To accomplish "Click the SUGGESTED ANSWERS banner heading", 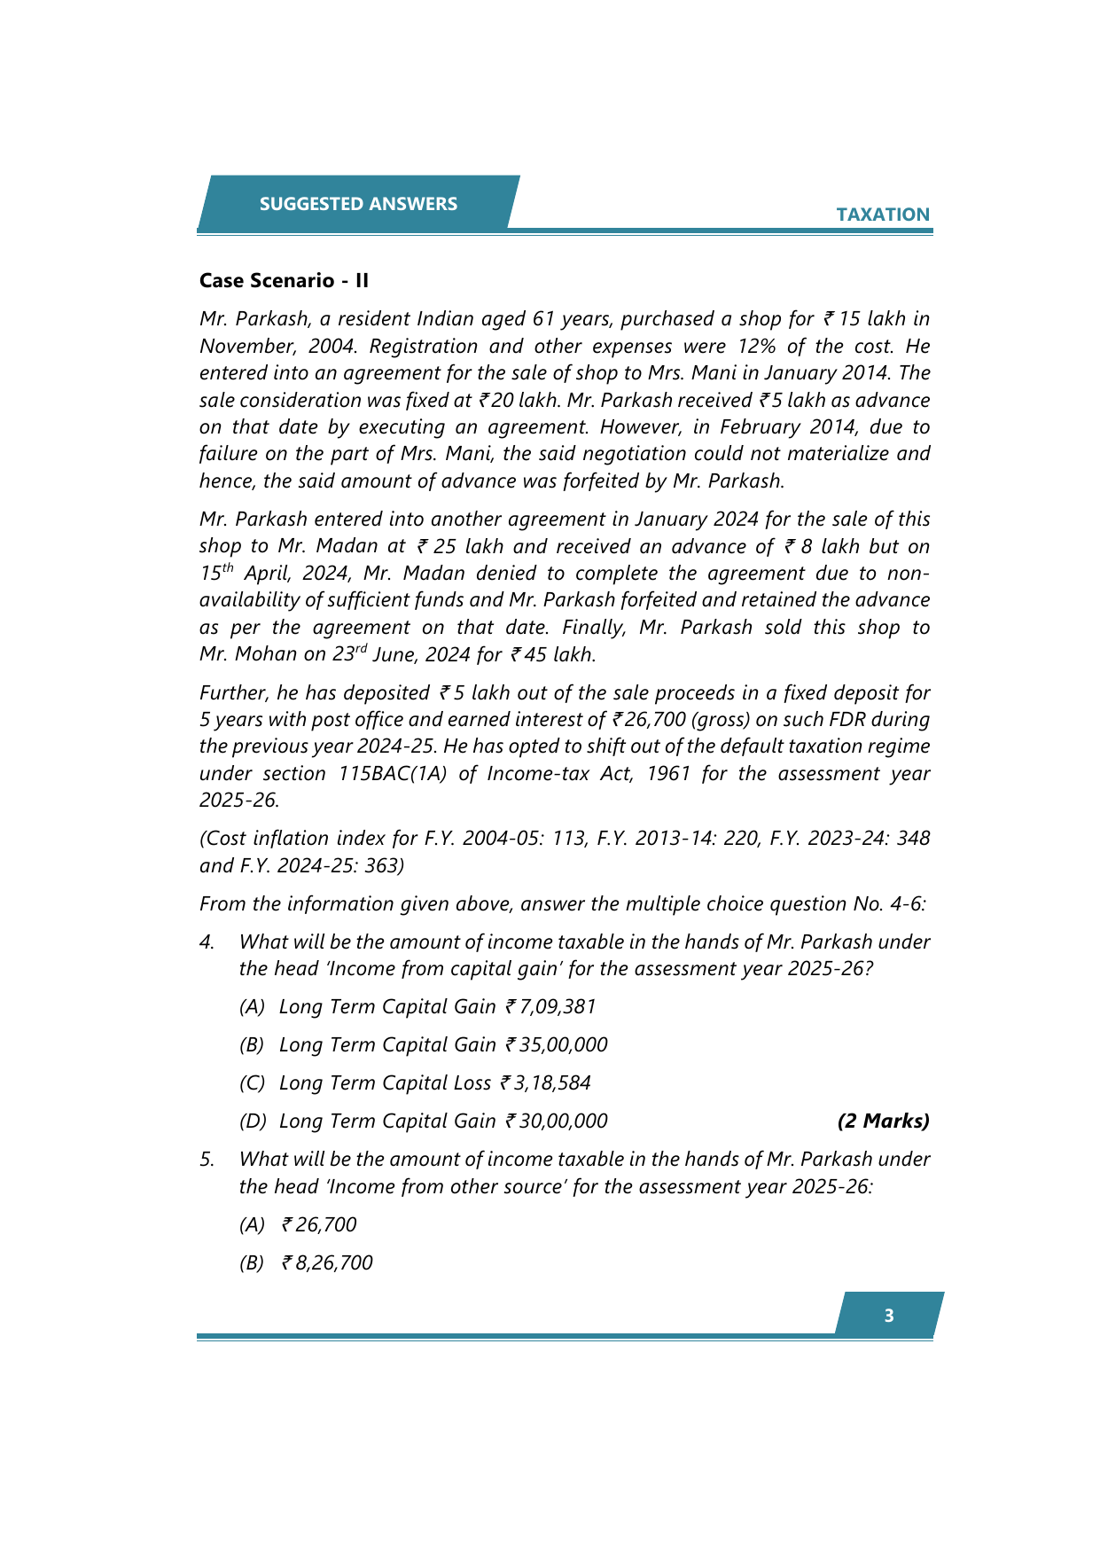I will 358,204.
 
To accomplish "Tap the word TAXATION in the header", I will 883,215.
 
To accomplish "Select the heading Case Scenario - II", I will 284,280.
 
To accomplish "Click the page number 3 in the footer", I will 889,1316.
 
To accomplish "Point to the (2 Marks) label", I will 883,1121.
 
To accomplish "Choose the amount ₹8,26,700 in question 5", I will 327,1262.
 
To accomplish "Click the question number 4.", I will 207,942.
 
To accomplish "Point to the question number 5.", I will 207,1159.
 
